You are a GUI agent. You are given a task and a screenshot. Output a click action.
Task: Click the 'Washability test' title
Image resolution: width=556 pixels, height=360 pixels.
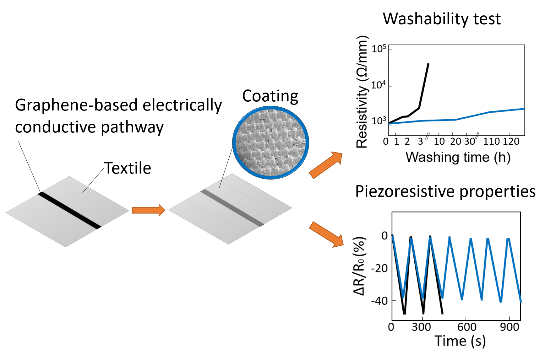point(441,19)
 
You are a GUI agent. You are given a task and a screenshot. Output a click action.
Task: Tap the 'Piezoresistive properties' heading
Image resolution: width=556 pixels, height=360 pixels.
point(445,191)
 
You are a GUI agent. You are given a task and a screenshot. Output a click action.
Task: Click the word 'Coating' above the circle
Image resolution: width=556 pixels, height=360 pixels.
point(270,96)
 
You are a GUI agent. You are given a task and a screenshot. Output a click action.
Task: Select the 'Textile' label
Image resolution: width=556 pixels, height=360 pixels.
point(128,168)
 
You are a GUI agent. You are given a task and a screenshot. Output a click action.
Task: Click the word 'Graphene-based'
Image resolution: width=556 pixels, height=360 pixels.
point(77,105)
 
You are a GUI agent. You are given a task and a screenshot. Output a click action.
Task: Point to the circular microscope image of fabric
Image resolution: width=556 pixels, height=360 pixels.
point(270,143)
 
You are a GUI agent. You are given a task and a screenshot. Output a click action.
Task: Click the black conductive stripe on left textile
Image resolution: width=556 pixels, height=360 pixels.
point(69,211)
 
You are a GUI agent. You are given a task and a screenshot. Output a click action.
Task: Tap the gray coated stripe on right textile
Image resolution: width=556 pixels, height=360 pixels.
point(232,208)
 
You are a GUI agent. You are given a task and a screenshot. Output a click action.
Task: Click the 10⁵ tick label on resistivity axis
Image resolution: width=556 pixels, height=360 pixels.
point(379,49)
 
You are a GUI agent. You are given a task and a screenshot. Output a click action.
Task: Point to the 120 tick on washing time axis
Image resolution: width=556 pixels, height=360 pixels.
point(511,142)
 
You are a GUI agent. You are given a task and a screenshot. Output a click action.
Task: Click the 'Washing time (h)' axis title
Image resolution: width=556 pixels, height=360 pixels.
point(458,157)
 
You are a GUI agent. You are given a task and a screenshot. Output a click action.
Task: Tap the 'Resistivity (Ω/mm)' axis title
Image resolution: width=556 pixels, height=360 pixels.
point(362,92)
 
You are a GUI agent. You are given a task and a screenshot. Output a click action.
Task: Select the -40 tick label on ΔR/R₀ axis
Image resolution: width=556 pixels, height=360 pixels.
point(379,301)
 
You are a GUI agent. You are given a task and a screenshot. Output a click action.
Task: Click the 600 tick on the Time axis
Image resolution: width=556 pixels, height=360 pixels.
point(467,327)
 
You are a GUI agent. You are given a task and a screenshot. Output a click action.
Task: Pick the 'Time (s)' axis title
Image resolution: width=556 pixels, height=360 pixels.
point(460,341)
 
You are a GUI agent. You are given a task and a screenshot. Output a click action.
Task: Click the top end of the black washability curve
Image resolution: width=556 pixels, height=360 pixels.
point(428,64)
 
